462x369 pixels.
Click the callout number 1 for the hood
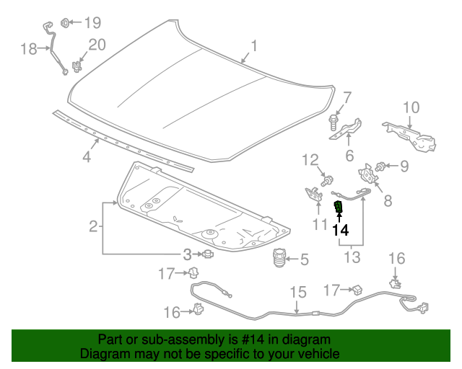[x=253, y=48]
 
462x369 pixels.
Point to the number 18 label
[x=29, y=49]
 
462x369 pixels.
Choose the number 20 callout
[x=97, y=45]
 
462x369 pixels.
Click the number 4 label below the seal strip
[x=86, y=156]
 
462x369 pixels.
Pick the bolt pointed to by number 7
[x=334, y=120]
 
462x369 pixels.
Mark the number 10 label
[x=410, y=108]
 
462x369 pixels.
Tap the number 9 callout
[x=404, y=166]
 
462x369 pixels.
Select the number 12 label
[x=310, y=159]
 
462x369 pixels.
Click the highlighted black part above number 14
[x=339, y=208]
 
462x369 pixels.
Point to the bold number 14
[x=340, y=230]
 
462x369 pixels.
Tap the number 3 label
[x=186, y=254]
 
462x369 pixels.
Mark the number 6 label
[x=349, y=156]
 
